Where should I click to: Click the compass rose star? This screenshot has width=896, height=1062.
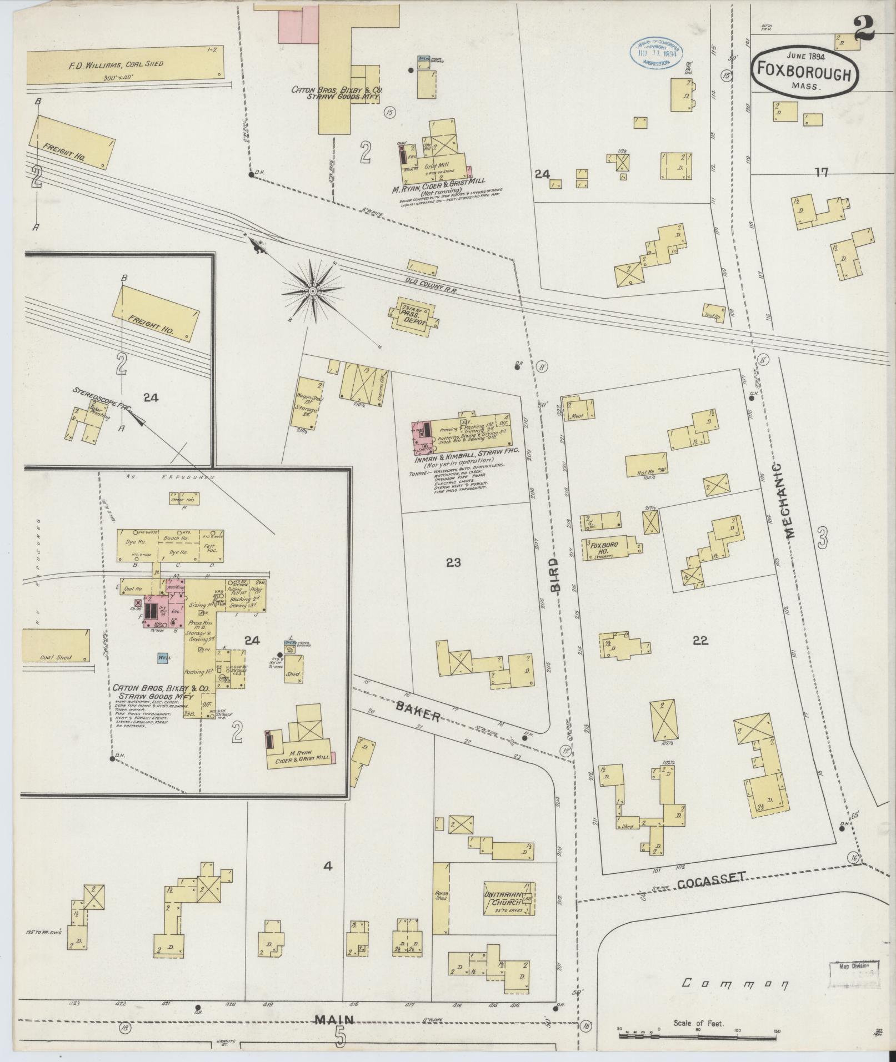tap(312, 290)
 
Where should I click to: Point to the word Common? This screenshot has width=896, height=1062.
tap(735, 984)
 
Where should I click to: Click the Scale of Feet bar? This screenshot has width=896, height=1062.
tap(697, 1031)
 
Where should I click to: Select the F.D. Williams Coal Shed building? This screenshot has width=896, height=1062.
tap(124, 65)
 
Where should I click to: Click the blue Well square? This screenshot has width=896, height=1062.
tap(164, 657)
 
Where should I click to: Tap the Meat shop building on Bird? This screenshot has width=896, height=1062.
tap(579, 409)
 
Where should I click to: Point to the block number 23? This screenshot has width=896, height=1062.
tap(453, 562)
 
